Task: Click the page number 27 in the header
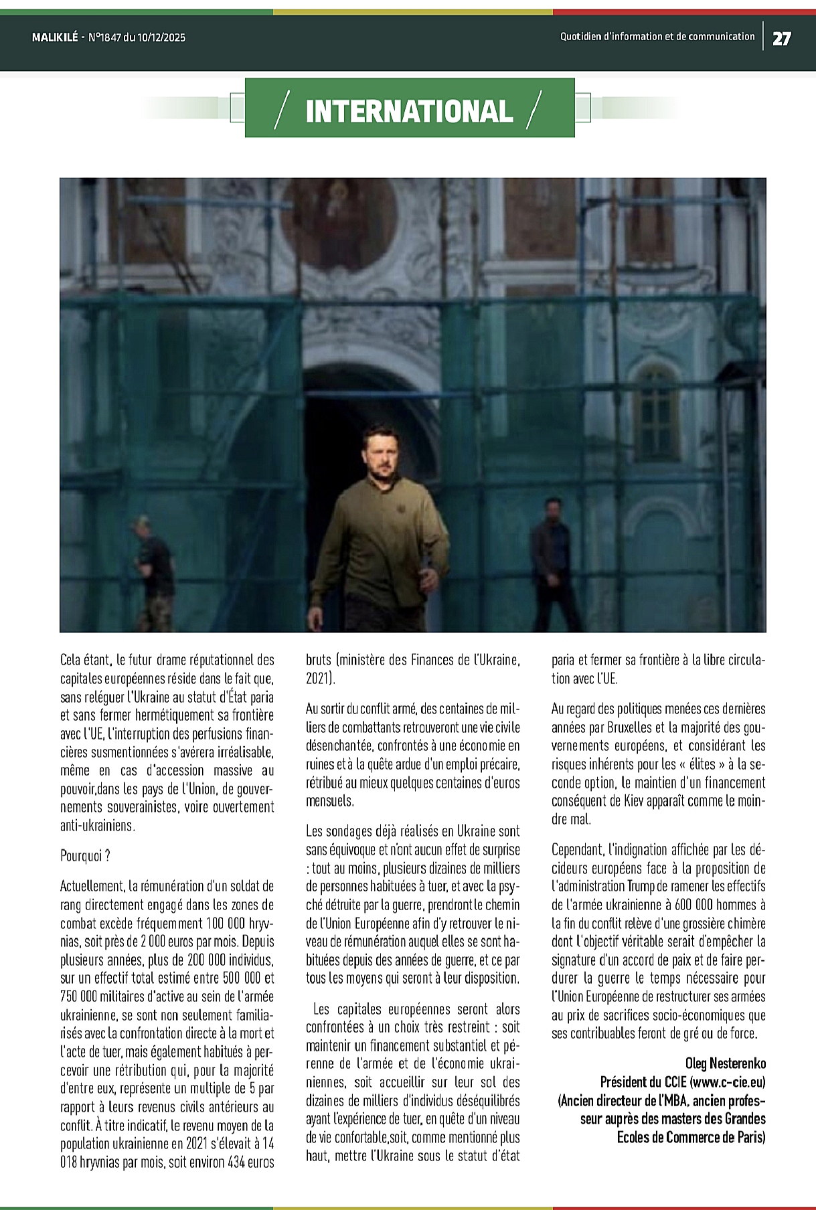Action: tap(781, 38)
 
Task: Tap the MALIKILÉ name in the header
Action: tap(55, 37)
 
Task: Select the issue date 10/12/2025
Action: tap(161, 37)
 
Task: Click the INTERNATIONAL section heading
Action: tap(409, 111)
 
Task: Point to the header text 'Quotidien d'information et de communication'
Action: tap(657, 37)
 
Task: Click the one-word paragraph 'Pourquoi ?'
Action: tap(85, 856)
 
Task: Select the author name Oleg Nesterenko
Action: tap(726, 1063)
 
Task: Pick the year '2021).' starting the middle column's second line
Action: tap(320, 678)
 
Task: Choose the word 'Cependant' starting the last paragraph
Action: tap(578, 850)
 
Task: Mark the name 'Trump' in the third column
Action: tap(641, 886)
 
